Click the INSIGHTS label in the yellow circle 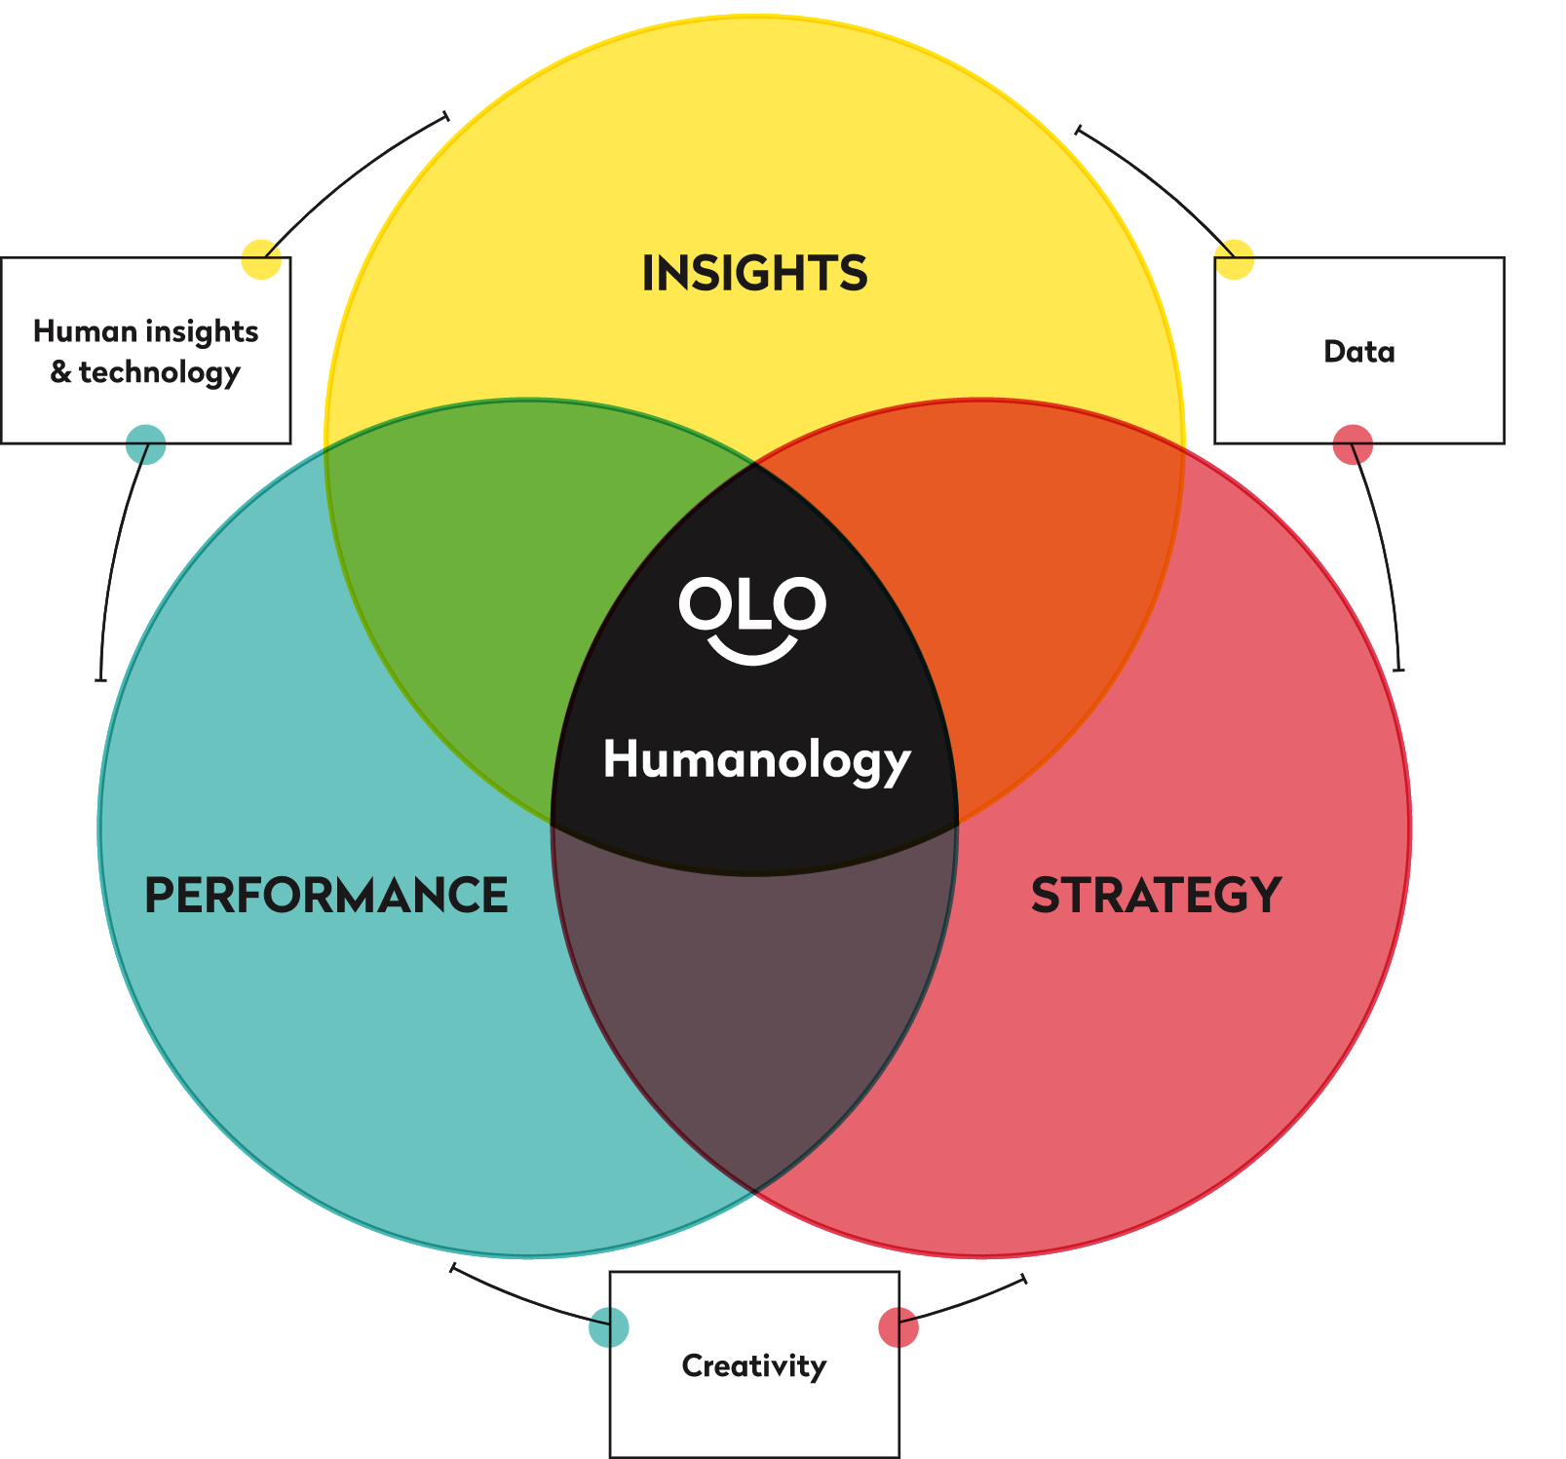coord(754,273)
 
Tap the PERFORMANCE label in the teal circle coord(325,896)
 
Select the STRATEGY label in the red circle coord(1156,896)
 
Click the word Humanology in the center coord(756,760)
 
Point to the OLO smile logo coord(752,620)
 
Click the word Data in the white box coord(1358,352)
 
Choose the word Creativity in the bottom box coord(753,1366)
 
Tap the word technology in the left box coord(160,373)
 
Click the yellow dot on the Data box coord(1234,259)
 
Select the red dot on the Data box coord(1353,445)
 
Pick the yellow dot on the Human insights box coord(261,259)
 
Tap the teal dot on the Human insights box coord(146,445)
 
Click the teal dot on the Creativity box coord(609,1327)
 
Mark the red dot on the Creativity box coord(898,1327)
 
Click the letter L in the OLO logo coord(753,604)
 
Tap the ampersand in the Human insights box coord(60,372)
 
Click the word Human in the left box coord(85,331)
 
